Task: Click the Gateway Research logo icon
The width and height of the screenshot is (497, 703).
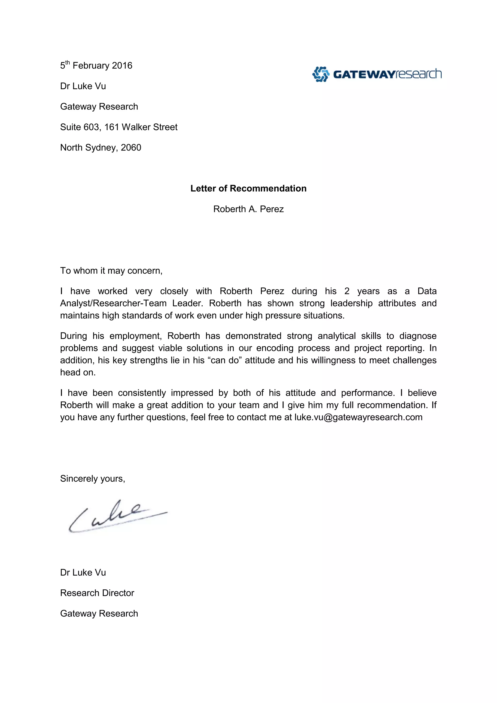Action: (x=320, y=74)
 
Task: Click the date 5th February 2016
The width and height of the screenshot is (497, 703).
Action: (x=96, y=66)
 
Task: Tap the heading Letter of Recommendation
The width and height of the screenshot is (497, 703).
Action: (x=248, y=188)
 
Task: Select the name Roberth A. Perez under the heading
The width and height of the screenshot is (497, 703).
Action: (x=248, y=209)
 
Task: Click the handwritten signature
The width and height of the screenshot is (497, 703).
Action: (x=116, y=517)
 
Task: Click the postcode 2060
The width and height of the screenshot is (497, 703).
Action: (x=131, y=148)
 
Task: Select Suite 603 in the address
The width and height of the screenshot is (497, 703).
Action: (x=80, y=127)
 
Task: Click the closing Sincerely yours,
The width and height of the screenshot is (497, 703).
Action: (x=92, y=478)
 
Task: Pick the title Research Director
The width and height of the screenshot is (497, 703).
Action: (x=97, y=593)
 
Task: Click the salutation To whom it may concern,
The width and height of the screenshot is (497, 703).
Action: (x=111, y=271)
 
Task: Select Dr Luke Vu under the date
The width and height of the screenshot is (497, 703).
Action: (x=83, y=86)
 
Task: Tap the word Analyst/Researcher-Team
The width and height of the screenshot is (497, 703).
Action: (x=113, y=303)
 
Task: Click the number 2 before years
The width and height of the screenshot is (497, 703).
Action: (x=347, y=291)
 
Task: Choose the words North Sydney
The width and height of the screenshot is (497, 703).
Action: (x=88, y=148)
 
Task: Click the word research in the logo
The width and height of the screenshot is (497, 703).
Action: (x=419, y=74)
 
